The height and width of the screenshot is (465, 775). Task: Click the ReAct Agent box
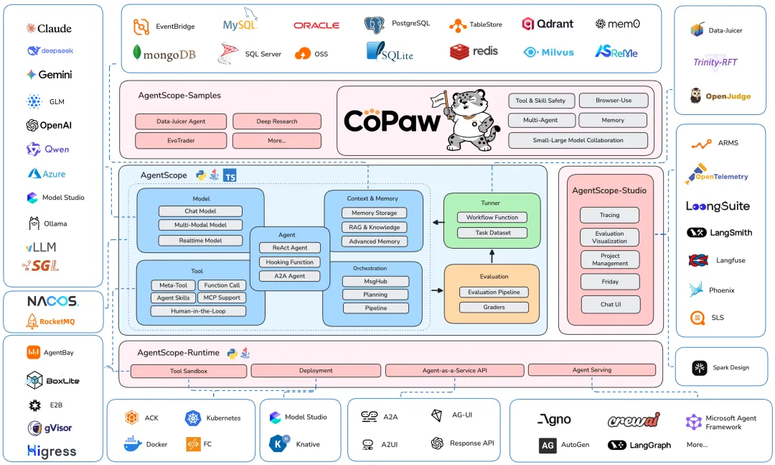click(x=290, y=248)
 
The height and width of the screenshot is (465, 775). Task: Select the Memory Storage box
click(x=374, y=213)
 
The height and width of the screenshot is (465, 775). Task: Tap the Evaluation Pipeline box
click(x=494, y=293)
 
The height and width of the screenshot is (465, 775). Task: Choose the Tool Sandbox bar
click(x=188, y=371)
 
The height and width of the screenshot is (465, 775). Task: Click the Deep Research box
click(x=277, y=121)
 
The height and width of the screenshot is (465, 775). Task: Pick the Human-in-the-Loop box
click(x=198, y=311)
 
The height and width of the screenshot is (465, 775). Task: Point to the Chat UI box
click(x=611, y=305)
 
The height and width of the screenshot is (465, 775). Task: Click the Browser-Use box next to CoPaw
click(x=614, y=101)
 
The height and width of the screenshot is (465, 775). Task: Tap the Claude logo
click(x=31, y=28)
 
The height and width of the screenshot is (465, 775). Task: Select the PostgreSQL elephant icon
click(x=374, y=24)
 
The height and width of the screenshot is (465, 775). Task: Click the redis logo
click(x=474, y=52)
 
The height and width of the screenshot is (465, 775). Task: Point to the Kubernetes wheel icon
click(x=193, y=418)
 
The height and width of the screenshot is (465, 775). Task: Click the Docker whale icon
click(x=133, y=443)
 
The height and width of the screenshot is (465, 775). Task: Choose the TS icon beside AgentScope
click(x=230, y=175)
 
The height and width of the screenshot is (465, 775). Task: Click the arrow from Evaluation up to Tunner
click(x=492, y=257)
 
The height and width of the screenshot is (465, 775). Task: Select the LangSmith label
click(x=731, y=233)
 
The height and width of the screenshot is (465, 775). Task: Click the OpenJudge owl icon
click(x=695, y=96)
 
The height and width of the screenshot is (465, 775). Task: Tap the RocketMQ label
click(x=57, y=322)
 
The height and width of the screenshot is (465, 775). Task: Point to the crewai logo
click(x=634, y=420)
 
